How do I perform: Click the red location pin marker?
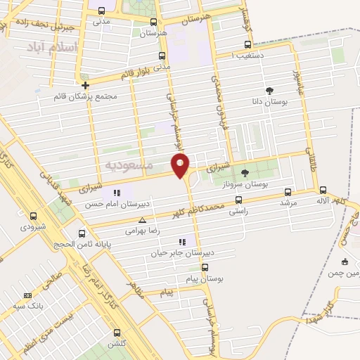coord(181,165)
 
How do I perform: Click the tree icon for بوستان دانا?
coord(269,89)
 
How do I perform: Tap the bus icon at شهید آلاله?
coord(323,190)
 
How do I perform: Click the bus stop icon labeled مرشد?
coord(287,191)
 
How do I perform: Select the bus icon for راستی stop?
coord(238,200)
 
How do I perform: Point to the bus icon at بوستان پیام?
coord(205,267)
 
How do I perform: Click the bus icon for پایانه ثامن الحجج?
coord(82,233)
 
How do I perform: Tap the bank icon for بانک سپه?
coord(27,295)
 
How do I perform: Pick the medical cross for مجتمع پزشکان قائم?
coord(85,85)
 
